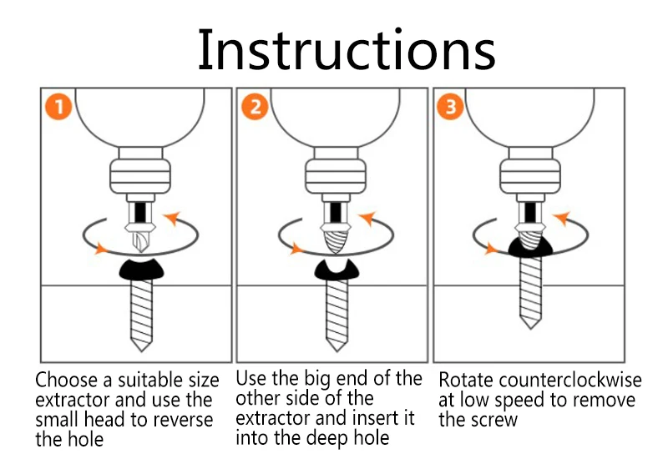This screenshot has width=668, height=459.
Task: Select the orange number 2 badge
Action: tap(255, 108)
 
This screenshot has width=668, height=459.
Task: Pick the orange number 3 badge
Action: tap(451, 108)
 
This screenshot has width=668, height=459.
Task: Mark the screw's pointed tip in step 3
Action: tap(529, 321)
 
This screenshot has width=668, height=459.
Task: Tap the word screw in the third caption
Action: tap(495, 419)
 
